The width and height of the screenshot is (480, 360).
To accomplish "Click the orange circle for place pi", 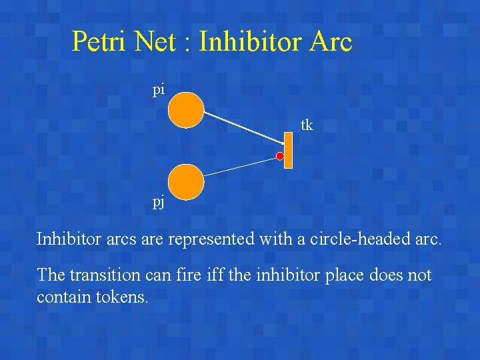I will tap(185, 109).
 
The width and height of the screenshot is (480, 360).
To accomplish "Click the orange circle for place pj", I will tap(185, 182).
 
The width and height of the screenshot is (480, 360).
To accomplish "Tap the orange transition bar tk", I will tap(289, 151).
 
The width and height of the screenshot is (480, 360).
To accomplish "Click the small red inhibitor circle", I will tap(281, 157).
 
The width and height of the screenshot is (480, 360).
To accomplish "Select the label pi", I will tap(158, 90).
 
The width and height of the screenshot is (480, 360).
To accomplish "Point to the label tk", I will tap(307, 125).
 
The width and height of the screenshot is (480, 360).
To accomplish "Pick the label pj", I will tap(159, 203).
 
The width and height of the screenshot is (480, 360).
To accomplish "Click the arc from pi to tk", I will tap(243, 127).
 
